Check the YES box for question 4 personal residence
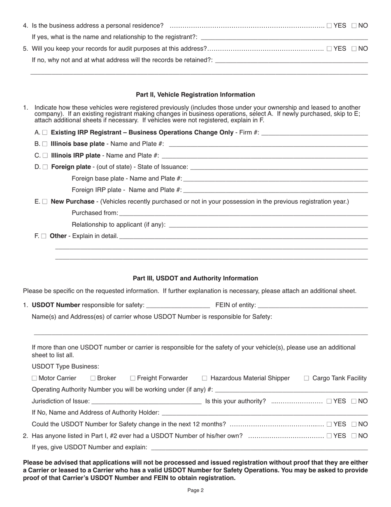[x=329, y=26]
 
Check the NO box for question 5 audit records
[x=354, y=49]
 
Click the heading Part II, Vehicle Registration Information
[x=195, y=94]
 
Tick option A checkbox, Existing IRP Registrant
[x=45, y=133]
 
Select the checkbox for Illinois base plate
[x=45, y=144]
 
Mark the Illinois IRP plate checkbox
[x=45, y=156]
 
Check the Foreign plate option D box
[x=45, y=167]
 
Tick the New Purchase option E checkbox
[x=45, y=202]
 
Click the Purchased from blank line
[x=243, y=213]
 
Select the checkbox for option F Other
[x=44, y=237]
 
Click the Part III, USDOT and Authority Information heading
[x=195, y=278]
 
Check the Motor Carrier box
[x=34, y=378]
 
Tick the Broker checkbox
[x=93, y=378]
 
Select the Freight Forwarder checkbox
[x=133, y=378]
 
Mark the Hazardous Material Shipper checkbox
[x=205, y=378]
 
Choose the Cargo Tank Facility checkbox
[x=307, y=378]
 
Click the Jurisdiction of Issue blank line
[x=146, y=401]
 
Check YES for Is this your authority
[x=329, y=401]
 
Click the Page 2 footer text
[x=195, y=491]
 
